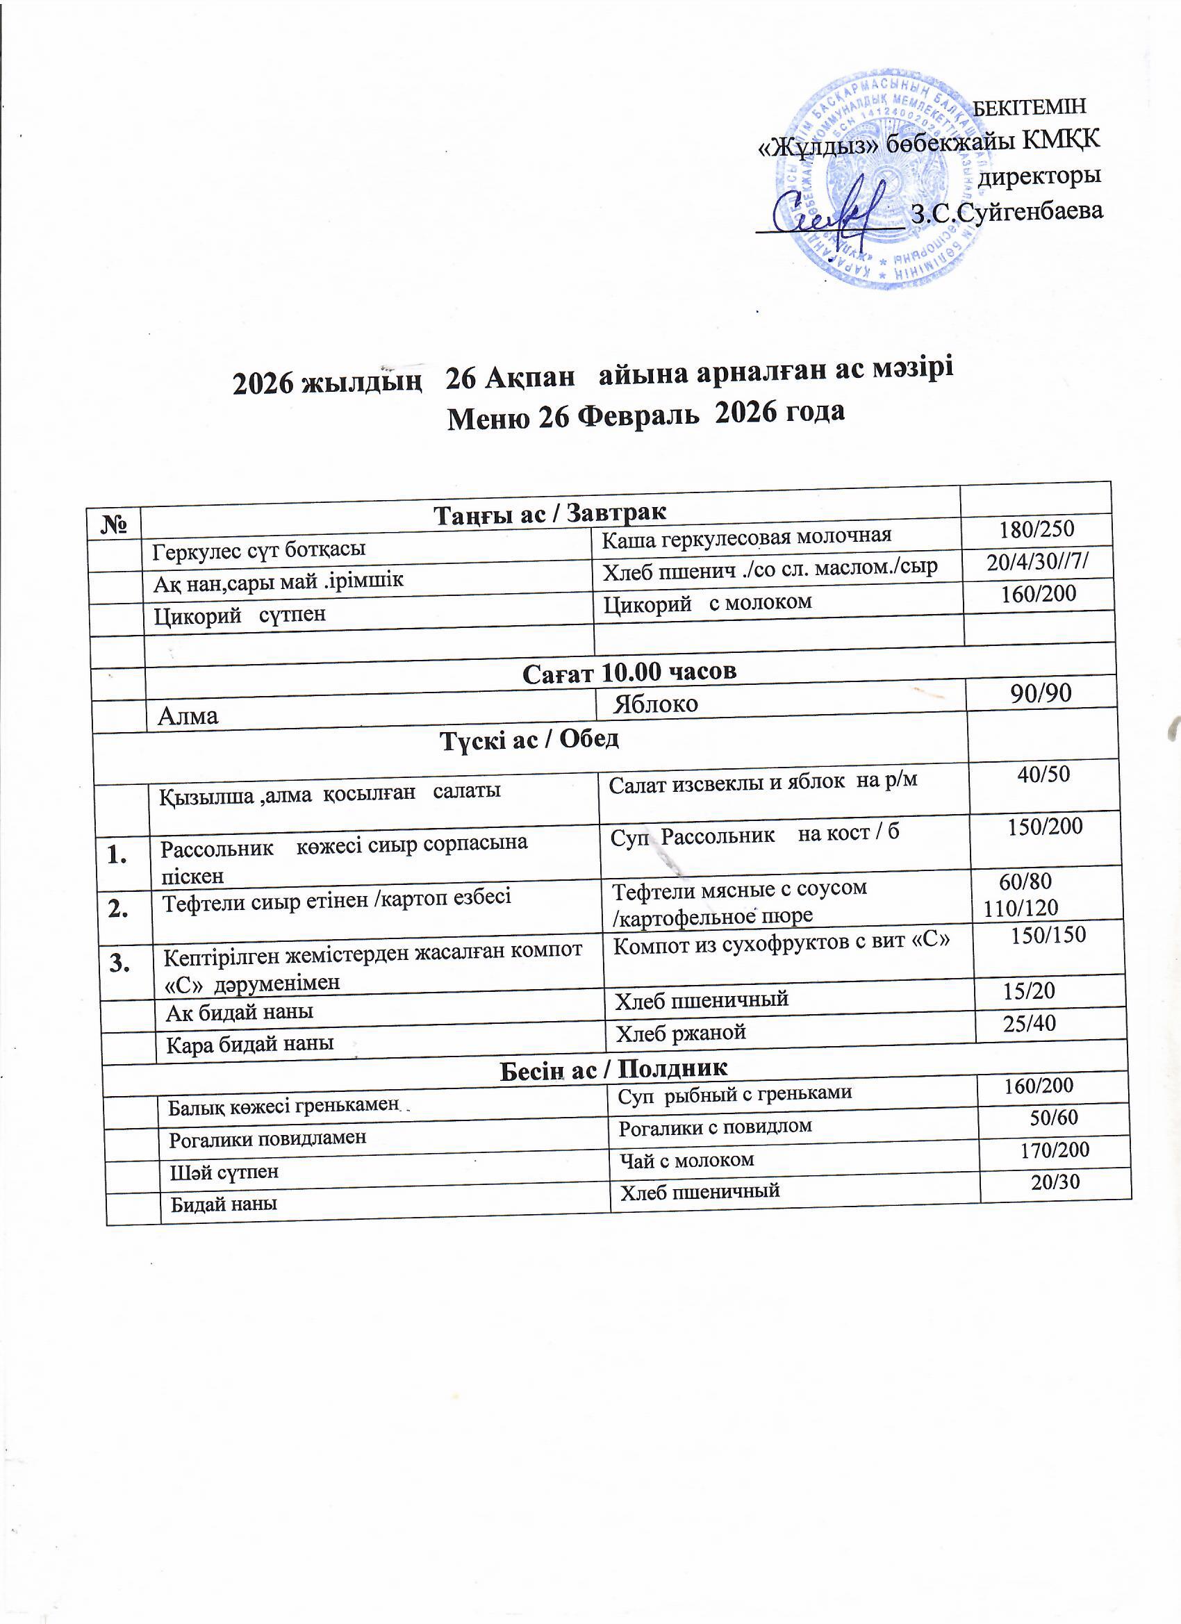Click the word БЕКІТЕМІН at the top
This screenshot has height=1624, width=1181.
coord(1031,107)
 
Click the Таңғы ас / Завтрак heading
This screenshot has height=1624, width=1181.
coord(550,513)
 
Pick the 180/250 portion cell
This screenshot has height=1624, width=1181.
coord(1037,529)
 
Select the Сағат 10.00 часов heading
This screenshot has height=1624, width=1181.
coord(629,672)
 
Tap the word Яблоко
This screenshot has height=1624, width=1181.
coord(656,704)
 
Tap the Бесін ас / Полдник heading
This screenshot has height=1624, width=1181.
coord(613,1069)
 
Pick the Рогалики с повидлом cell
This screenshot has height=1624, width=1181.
coord(716,1127)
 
